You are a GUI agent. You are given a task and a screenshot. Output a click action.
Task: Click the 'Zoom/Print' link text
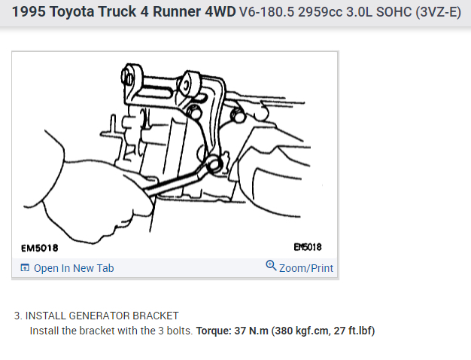click(x=306, y=268)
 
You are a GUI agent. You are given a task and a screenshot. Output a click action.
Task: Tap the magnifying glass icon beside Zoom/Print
click(x=271, y=266)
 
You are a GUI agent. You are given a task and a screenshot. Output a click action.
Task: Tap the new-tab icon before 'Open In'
click(x=25, y=267)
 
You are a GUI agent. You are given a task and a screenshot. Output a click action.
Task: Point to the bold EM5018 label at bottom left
click(x=40, y=248)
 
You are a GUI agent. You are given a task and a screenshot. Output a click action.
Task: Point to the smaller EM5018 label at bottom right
click(x=308, y=247)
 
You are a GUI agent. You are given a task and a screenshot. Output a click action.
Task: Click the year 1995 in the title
click(x=29, y=12)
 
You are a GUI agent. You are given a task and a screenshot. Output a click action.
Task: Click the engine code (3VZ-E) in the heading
click(x=438, y=12)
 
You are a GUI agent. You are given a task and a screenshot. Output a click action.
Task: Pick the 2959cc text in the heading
click(x=320, y=12)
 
